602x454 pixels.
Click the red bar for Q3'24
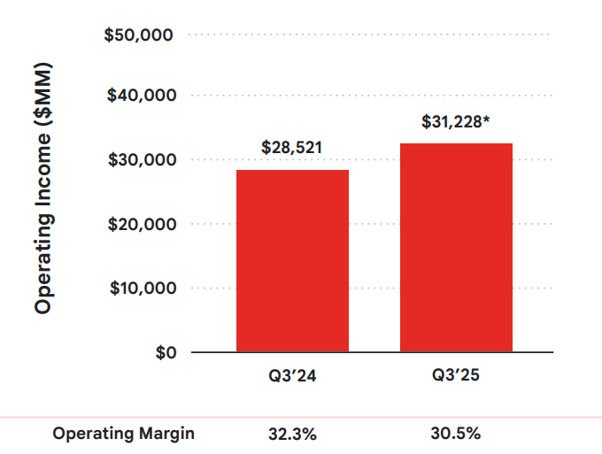click(x=292, y=261)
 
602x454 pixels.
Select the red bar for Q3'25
click(x=456, y=248)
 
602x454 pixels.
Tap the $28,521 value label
click(x=292, y=148)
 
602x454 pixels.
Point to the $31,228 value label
click(x=451, y=122)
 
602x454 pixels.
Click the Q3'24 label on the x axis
click(x=292, y=376)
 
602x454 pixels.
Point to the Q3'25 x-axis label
click(x=456, y=376)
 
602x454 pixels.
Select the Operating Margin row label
click(x=123, y=434)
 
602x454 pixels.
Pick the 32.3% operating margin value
click(x=292, y=434)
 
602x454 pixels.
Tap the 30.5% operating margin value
click(x=456, y=434)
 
